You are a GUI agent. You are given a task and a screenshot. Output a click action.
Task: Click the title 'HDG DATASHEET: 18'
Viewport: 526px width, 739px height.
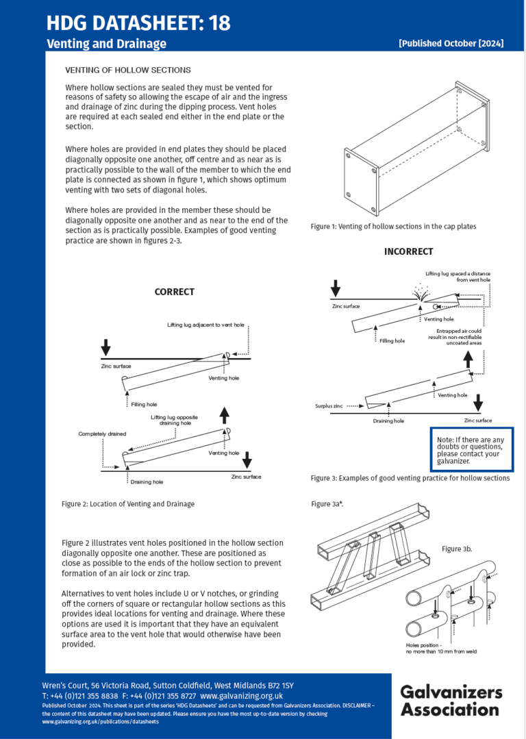(x=138, y=23)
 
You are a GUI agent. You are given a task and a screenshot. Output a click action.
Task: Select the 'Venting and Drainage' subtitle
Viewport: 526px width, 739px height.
(x=106, y=44)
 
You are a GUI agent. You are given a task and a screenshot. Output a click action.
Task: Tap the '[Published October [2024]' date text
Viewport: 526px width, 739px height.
(x=451, y=43)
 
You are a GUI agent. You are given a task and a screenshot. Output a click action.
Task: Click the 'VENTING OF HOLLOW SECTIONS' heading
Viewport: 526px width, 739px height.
(x=127, y=71)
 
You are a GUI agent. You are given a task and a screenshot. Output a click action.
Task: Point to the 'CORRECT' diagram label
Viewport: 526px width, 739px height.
(x=174, y=292)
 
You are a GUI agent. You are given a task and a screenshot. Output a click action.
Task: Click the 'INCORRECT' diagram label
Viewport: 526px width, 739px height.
(x=408, y=251)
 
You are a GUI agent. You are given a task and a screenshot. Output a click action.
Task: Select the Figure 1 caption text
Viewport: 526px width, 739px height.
(x=393, y=226)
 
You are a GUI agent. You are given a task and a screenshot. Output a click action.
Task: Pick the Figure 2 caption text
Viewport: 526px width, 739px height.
(x=127, y=504)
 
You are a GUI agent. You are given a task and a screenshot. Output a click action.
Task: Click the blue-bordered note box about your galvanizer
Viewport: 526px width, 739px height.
(x=471, y=450)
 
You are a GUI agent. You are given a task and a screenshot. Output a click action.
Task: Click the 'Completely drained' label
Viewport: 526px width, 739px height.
(x=102, y=434)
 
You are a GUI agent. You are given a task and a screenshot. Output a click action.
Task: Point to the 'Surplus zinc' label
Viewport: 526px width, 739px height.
(x=329, y=406)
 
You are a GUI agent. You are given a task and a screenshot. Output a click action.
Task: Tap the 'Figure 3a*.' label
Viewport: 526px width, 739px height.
(x=327, y=504)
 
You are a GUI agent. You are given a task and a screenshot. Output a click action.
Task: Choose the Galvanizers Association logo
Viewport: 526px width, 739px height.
(x=451, y=700)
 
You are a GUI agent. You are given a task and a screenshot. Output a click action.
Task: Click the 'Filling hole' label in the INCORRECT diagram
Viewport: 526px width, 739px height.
(x=392, y=340)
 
